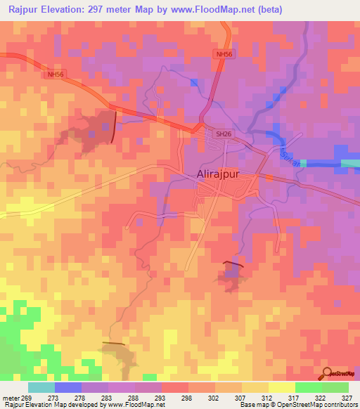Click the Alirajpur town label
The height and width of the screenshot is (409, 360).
click(x=214, y=177)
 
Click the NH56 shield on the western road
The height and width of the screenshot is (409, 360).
click(x=55, y=74)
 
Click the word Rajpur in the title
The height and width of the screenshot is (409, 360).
click(x=22, y=9)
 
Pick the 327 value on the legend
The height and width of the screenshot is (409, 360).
click(x=346, y=397)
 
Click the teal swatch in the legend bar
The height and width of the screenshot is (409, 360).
click(x=41, y=387)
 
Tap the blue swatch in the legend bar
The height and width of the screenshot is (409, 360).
click(x=68, y=387)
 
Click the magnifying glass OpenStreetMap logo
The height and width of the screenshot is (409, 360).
click(x=326, y=373)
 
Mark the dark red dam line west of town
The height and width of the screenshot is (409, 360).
click(x=115, y=126)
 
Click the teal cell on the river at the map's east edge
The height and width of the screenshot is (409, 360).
click(x=350, y=164)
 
